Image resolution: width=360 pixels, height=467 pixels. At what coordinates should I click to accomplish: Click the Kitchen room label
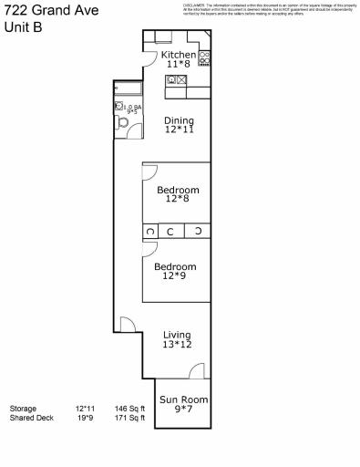pos(179,55)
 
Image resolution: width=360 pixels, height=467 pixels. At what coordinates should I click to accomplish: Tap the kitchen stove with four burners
pos(205,57)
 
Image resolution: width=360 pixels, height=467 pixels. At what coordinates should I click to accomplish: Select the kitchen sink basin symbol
pos(171,80)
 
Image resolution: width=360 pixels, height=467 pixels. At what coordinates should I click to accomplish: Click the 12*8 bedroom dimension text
pos(177,202)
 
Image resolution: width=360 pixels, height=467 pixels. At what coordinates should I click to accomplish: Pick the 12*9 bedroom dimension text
pos(178,276)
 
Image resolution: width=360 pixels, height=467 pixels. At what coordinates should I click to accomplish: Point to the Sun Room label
pos(184,400)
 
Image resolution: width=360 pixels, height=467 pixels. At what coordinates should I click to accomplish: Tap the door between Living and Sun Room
pos(195,371)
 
